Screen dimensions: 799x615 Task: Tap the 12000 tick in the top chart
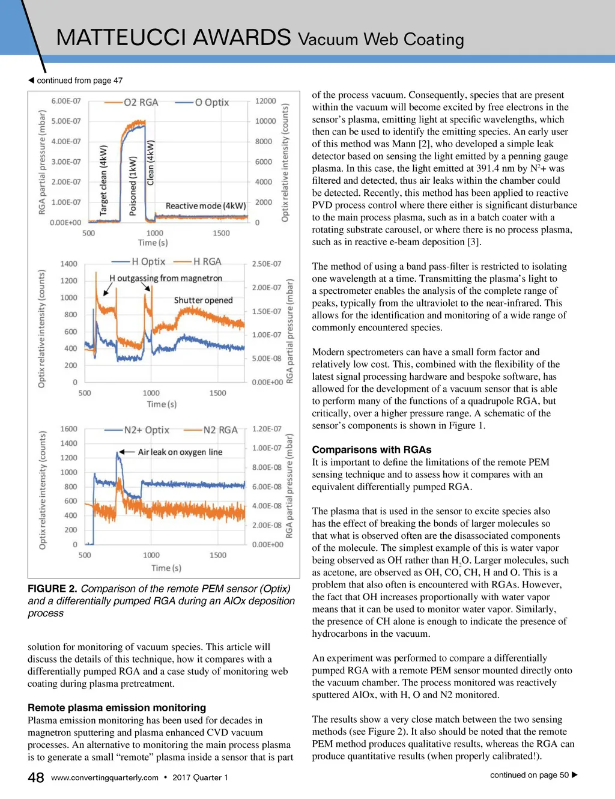pyautogui.click(x=265, y=101)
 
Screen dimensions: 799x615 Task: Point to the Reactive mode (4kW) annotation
pyautogui.click(x=205, y=206)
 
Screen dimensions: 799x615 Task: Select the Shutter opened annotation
pyautogui.click(x=203, y=300)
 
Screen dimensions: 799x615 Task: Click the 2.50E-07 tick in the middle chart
pyautogui.click(x=266, y=264)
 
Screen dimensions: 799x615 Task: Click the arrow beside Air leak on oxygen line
pyautogui.click(x=126, y=452)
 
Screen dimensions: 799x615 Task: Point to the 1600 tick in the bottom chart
pyautogui.click(x=69, y=429)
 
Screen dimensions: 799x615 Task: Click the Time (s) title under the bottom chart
pyautogui.click(x=166, y=568)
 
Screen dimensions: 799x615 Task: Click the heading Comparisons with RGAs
pyautogui.click(x=371, y=449)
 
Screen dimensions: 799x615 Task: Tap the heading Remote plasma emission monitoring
pyautogui.click(x=117, y=708)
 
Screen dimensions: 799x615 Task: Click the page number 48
pyautogui.click(x=36, y=777)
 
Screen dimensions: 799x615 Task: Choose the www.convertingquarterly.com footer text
pyautogui.click(x=105, y=777)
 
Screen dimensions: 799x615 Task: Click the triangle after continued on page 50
pyautogui.click(x=575, y=775)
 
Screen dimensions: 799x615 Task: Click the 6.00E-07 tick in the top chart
pyautogui.click(x=66, y=101)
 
